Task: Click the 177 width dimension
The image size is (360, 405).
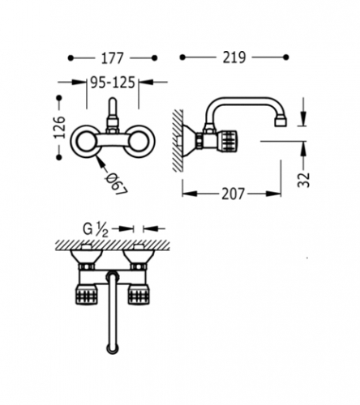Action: click(113, 58)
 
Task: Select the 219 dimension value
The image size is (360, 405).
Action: click(234, 58)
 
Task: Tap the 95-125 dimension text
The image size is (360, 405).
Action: click(113, 83)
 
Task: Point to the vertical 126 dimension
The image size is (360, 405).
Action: click(60, 127)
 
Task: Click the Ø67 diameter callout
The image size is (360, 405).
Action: click(116, 184)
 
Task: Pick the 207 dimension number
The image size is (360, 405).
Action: click(233, 194)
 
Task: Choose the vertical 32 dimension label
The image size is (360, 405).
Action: click(303, 180)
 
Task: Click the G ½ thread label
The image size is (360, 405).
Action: click(96, 230)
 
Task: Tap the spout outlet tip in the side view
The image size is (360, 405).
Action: click(281, 122)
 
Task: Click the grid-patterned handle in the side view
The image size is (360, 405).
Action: click(228, 141)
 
